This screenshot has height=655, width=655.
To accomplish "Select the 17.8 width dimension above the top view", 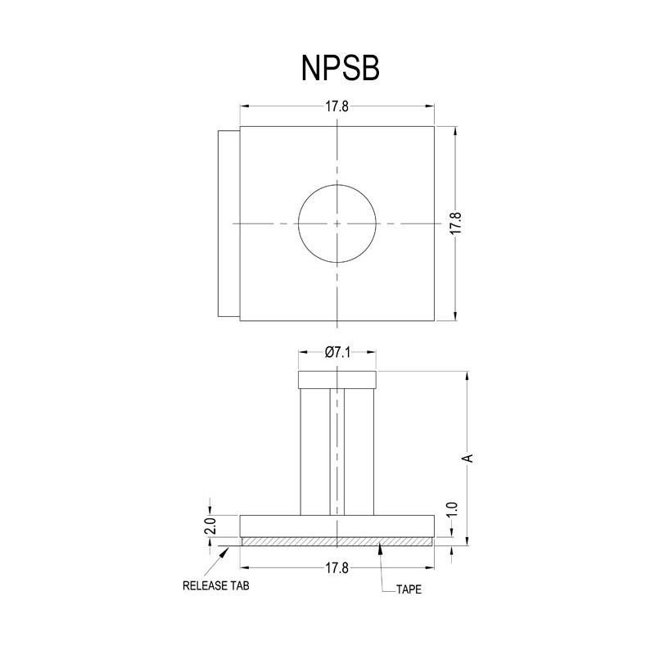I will pyautogui.click(x=337, y=106).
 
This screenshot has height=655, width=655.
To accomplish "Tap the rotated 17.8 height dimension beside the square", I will pyautogui.click(x=456, y=224).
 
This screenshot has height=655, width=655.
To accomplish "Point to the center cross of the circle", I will pyautogui.click(x=337, y=224).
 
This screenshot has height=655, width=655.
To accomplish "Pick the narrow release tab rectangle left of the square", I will pyautogui.click(x=228, y=224).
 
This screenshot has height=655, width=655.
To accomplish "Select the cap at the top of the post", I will pyautogui.click(x=337, y=380).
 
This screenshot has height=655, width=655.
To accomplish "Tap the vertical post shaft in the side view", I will pyautogui.click(x=337, y=451).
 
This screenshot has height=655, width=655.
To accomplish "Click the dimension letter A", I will pyautogui.click(x=468, y=458).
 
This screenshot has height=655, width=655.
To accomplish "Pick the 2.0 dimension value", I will pyautogui.click(x=210, y=525).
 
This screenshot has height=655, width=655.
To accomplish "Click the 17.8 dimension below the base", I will pyautogui.click(x=337, y=568).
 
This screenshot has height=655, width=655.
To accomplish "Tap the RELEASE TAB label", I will pyautogui.click(x=215, y=586).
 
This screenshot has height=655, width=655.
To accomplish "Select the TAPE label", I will pyautogui.click(x=409, y=589).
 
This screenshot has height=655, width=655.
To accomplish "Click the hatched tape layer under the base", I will pyautogui.click(x=337, y=541).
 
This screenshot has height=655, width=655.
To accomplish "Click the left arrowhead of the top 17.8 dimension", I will pyautogui.click(x=243, y=106).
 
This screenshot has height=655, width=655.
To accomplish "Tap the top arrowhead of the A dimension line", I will pyautogui.click(x=467, y=376).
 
